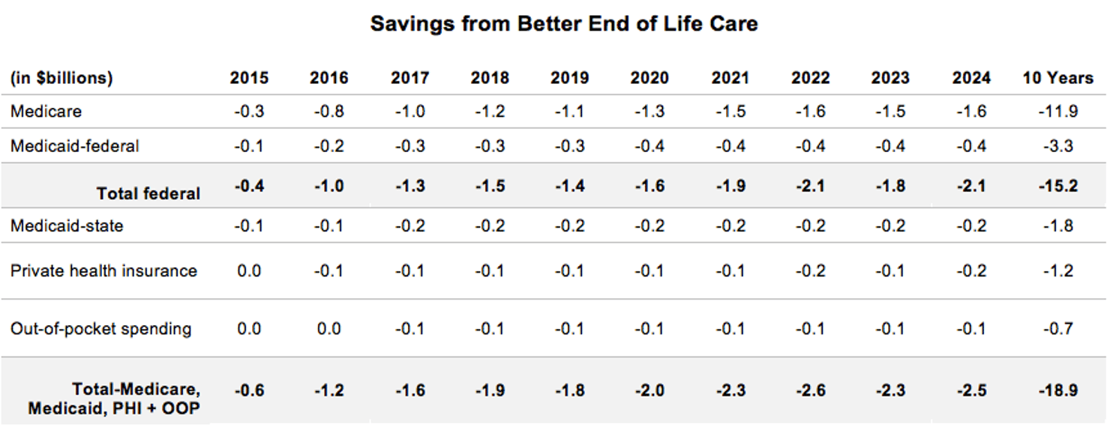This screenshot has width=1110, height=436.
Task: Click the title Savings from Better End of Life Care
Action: pos(563,24)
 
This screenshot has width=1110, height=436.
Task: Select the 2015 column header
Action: pos(249,78)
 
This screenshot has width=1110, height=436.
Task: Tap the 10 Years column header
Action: pos(1057,78)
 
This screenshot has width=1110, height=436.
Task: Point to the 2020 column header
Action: pos(649,78)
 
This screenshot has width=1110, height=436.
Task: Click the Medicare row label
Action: pos(46,112)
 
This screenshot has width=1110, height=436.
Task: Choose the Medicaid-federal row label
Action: pos(75,146)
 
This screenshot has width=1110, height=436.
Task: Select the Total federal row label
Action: pos(148,193)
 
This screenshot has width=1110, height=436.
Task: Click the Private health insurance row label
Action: pos(103,270)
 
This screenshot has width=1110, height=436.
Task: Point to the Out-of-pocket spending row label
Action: pos(100,328)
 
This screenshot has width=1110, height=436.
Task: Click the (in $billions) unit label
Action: pos(61,78)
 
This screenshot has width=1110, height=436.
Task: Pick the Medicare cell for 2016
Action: pos(329,112)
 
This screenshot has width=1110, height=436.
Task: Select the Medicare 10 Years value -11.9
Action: pos(1058,112)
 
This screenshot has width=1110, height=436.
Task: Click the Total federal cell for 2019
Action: pos(569,186)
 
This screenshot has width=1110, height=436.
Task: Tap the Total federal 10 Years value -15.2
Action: pos(1058,186)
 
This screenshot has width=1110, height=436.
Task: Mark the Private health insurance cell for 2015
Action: pos(249,270)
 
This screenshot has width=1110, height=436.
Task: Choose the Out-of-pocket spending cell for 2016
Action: pos(329,328)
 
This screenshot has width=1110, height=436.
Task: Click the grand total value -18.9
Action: pos(1058,390)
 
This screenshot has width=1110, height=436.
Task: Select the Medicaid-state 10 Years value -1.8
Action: pos(1058,225)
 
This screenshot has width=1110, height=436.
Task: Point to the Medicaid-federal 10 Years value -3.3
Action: pos(1058,146)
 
